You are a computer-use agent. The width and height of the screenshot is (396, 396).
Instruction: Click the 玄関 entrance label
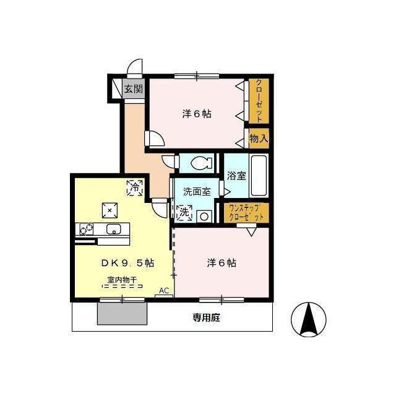point(134,88)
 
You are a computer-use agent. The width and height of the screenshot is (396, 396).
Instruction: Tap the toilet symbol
point(201,163)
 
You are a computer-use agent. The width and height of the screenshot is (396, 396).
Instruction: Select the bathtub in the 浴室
point(259,176)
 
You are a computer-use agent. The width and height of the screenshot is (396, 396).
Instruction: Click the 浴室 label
point(236,176)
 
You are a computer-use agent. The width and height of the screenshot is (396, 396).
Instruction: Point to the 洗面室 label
point(197,192)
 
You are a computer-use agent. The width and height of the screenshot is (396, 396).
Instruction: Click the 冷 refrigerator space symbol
point(135,187)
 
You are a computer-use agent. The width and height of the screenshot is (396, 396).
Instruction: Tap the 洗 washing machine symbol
point(184,212)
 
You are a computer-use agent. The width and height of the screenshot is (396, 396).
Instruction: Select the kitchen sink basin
point(114,229)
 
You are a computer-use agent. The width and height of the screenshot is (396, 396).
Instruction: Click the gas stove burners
point(86,229)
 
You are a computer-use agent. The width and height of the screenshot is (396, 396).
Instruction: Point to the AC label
point(164,291)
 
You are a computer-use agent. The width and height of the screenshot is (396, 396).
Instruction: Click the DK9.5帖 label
point(127,263)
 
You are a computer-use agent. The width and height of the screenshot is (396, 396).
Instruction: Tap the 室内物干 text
point(123,280)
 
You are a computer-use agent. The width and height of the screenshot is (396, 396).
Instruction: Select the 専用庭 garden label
point(206,317)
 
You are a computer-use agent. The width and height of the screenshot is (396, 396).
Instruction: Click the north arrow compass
point(309,319)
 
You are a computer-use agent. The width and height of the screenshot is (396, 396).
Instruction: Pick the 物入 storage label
point(259,138)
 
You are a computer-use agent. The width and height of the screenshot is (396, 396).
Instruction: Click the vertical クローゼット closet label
point(259,101)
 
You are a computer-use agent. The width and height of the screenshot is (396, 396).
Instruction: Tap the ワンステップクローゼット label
point(246,213)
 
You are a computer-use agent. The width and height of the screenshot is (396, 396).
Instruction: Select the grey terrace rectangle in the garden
point(123,314)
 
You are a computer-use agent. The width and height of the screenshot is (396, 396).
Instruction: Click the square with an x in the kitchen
point(110,210)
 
